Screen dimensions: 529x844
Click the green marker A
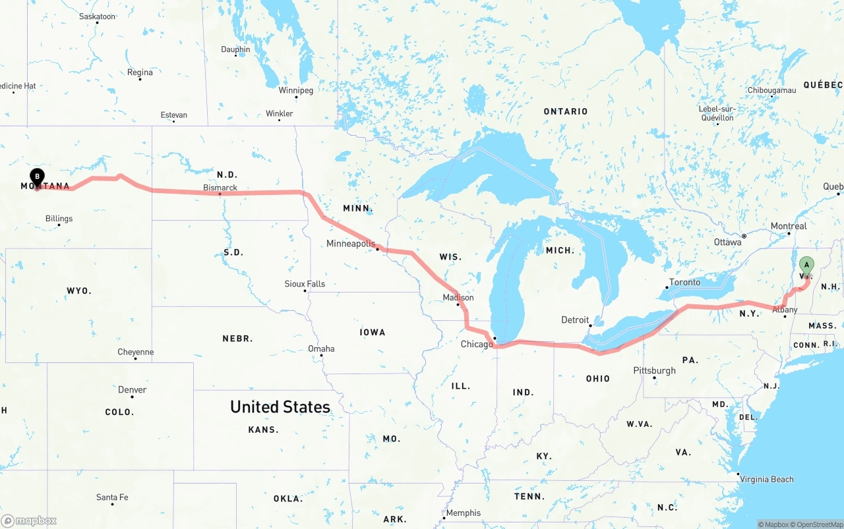[x=806, y=266]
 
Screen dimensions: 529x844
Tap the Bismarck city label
[x=220, y=188]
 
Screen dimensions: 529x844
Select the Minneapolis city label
[x=351, y=244]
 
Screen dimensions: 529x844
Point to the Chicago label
[x=477, y=345]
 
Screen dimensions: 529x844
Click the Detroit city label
[x=575, y=320]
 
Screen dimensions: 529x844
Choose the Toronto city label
[x=685, y=282]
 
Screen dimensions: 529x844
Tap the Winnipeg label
[x=296, y=90]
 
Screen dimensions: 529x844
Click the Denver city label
[x=133, y=390]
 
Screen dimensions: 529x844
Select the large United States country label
[x=280, y=407]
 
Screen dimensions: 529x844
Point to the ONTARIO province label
[x=566, y=112]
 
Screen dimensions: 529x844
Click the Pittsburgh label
[x=655, y=371]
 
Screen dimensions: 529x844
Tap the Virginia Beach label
[x=767, y=480]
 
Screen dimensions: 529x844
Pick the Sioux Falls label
[x=305, y=284]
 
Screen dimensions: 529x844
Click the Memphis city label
[x=464, y=513]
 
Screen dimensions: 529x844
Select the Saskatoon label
[x=97, y=16]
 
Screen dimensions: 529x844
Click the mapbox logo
[x=29, y=520]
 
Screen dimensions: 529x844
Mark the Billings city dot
[x=59, y=225]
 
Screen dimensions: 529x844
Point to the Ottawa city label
[x=727, y=242]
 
